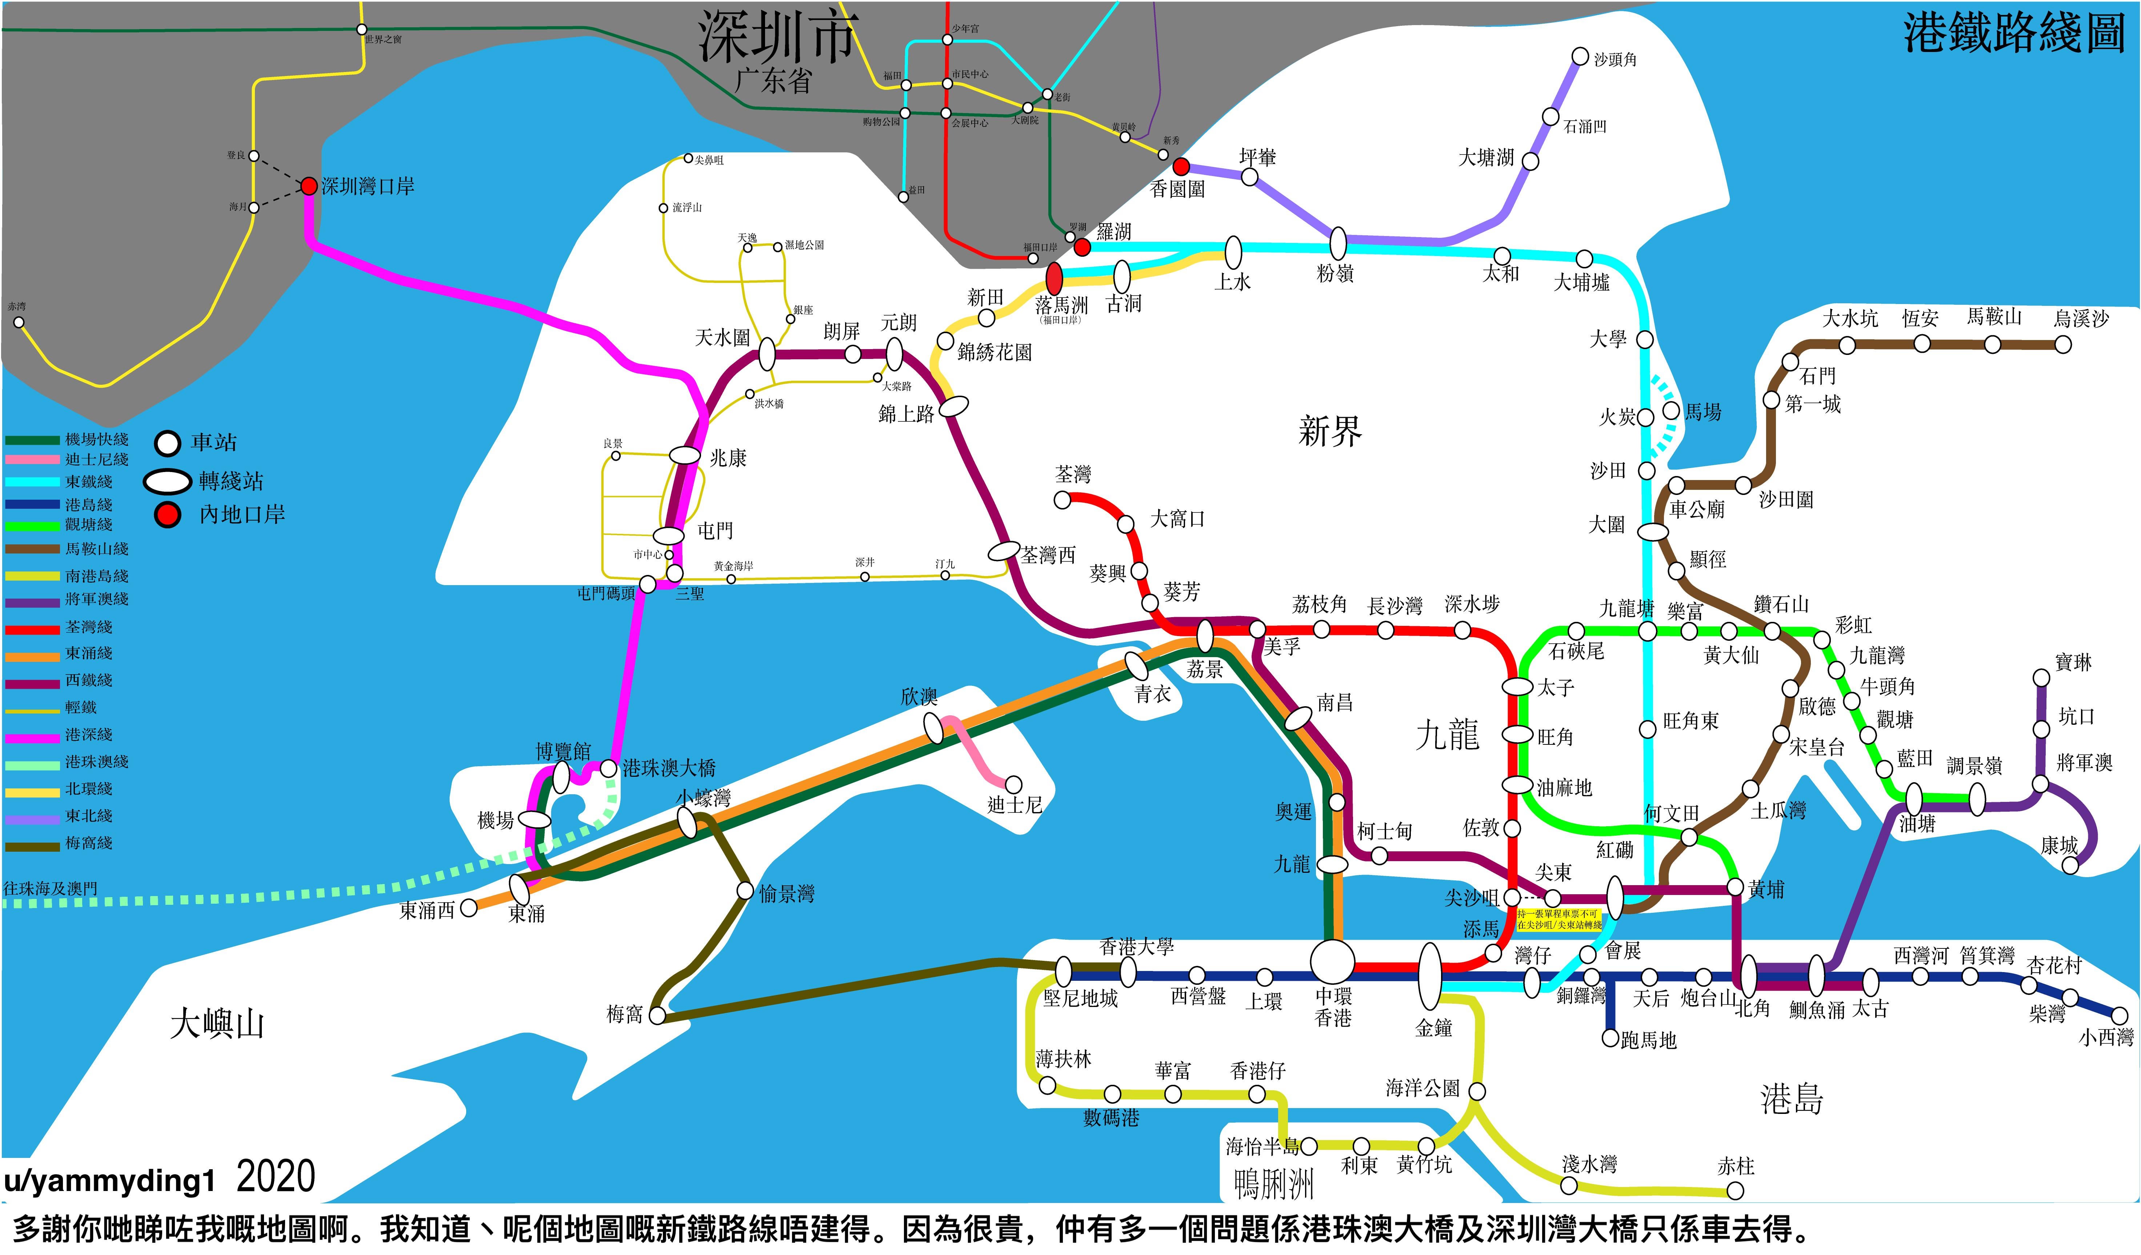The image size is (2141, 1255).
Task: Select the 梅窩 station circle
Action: click(657, 1015)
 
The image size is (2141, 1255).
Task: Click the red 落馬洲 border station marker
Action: click(1055, 279)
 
